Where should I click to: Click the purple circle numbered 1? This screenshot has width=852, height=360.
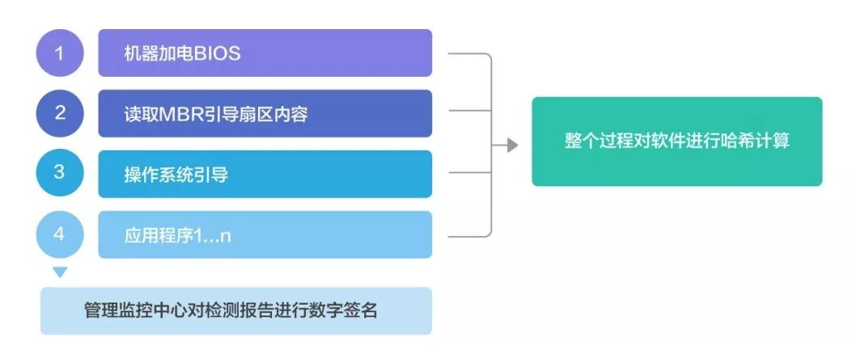pos(60,53)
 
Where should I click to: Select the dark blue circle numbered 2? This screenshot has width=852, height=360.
pos(60,113)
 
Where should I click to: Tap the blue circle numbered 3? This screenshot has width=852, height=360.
pos(60,172)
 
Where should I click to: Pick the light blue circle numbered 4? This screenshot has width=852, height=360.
pos(60,235)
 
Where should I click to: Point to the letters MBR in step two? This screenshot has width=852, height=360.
pos(181,115)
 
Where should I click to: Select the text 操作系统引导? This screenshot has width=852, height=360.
pos(176,176)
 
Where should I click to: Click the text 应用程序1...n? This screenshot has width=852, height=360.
pos(178,236)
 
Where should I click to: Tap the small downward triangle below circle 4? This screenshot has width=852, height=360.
pos(60,272)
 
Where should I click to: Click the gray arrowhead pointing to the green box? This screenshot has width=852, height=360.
pos(512,145)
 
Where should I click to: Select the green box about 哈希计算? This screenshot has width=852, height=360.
pos(677,142)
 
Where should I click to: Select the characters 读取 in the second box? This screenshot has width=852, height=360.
pos(142,115)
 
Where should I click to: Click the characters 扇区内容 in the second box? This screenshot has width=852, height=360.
pos(273,115)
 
